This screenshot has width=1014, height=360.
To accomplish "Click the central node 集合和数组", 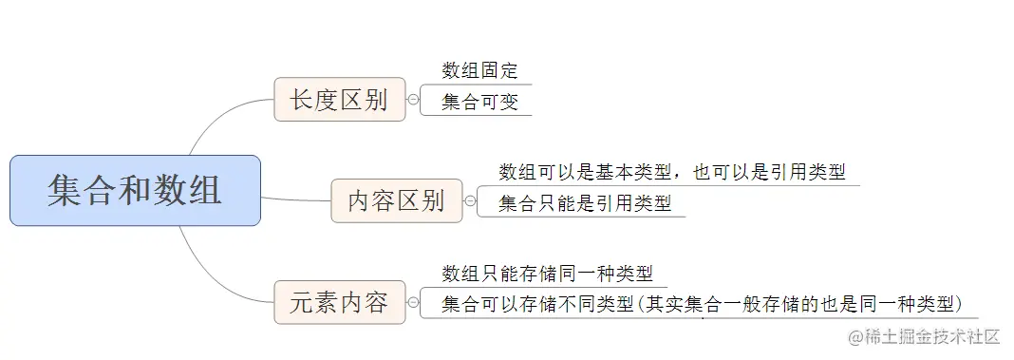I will coord(135,190).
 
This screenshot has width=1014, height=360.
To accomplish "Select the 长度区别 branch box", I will coord(339,100).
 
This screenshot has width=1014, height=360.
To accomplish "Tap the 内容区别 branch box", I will coord(396,200).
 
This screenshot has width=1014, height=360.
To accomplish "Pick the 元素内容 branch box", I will coord(339,303).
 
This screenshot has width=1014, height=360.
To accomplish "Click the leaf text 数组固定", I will coord(479,70).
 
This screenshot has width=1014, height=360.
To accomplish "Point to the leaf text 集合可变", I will coord(479,103).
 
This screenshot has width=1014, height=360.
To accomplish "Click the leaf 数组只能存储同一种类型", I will coord(548,274).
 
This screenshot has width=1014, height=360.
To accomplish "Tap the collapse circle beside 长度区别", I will coord(413,100).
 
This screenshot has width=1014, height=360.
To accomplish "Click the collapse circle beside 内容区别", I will coord(470,200).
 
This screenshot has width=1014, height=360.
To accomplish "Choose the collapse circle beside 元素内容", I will coord(413,303).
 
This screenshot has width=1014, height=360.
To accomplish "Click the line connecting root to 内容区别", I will coord(295,199).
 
